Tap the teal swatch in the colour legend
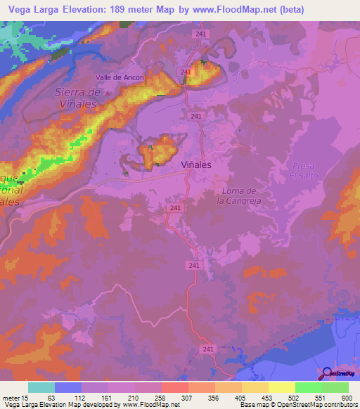(x=41, y=387)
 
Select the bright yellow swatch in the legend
(x=281, y=387)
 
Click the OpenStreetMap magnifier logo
(x=326, y=372)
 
